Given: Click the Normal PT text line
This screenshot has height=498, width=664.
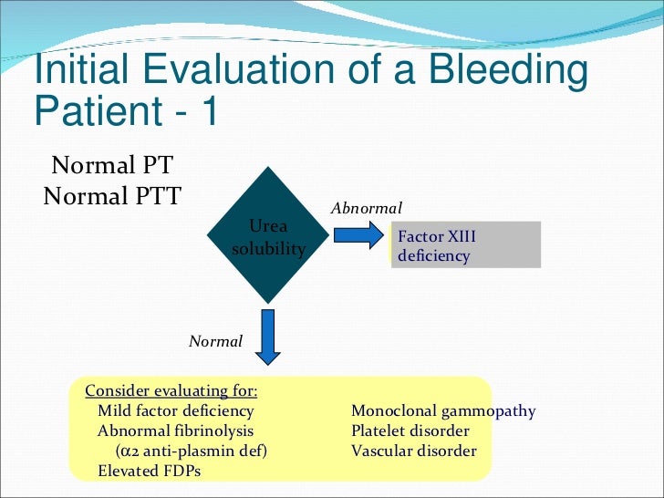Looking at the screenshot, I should coord(112,166).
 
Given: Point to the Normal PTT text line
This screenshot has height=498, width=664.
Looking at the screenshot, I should coord(112,194).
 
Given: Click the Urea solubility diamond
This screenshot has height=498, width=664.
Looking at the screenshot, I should coord(268,235).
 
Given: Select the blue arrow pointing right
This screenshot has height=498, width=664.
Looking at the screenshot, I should coord(358,236).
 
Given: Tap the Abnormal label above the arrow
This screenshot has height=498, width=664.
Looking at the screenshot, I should coord(366,208).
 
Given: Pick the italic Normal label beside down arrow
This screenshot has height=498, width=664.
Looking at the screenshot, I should coord(215,341).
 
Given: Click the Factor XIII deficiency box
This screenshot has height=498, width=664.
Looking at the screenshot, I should coord(465,245).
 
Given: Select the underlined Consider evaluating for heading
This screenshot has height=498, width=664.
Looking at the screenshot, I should coord(171,390).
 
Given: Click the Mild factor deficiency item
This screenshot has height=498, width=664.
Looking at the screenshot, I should coord(175,410).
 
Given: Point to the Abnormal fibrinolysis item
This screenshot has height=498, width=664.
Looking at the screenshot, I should coord(176,431).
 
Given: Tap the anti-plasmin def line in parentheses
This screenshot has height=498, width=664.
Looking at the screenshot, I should coord(192,451).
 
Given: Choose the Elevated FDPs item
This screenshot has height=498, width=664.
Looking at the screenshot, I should coord(149,471).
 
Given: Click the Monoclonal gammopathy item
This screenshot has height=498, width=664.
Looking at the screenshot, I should coord(443,410).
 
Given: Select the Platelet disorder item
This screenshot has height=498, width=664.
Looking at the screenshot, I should coord(410,431).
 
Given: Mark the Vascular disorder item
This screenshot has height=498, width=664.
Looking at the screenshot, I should coord(414,451).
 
